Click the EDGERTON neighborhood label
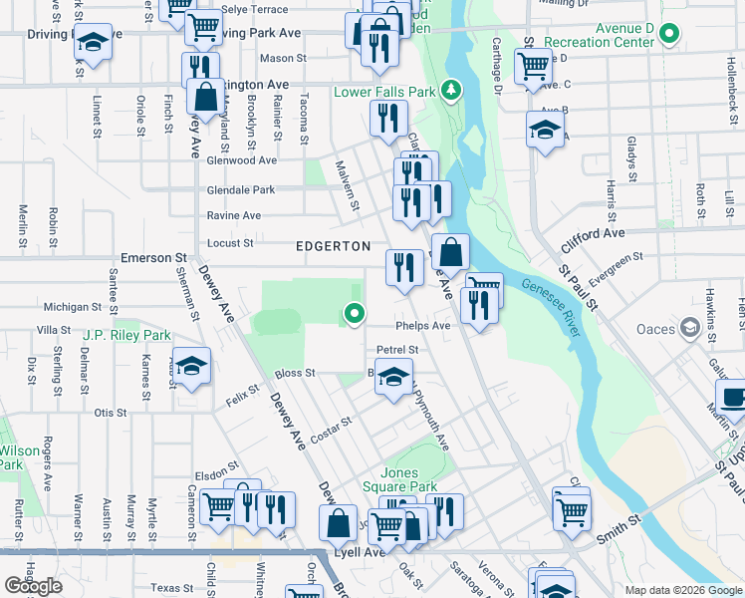point(333,246)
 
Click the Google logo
point(33,586)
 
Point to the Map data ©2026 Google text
point(682,590)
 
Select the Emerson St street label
point(147,258)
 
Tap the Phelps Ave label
point(423,326)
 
